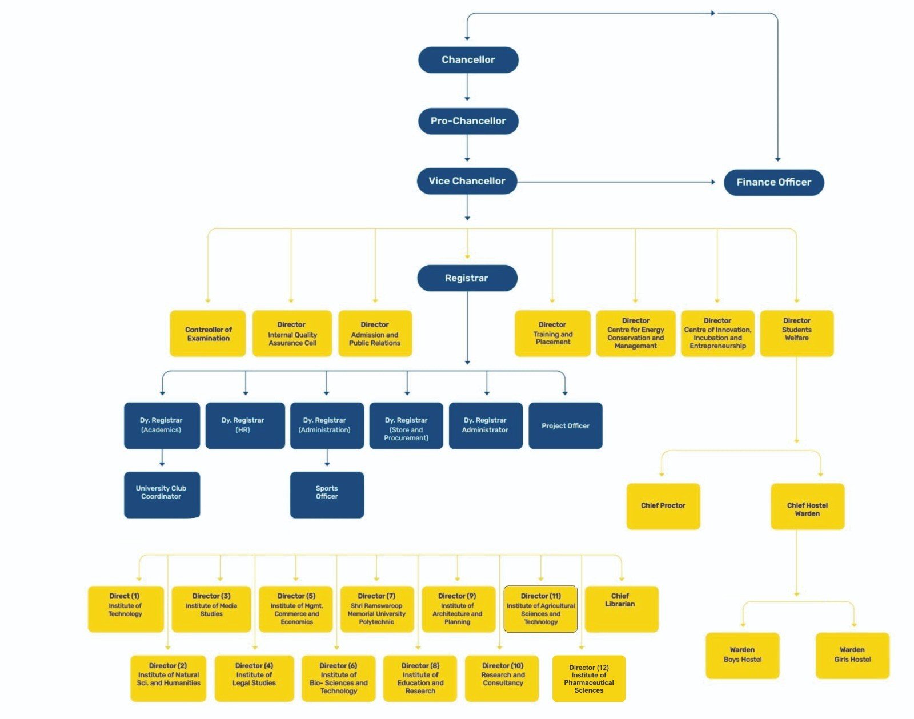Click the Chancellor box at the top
(x=468, y=60)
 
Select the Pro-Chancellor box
(x=468, y=121)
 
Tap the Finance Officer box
(x=773, y=182)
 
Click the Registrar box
(x=467, y=278)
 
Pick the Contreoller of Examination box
(x=208, y=334)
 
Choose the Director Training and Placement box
(x=552, y=334)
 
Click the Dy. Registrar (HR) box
(x=244, y=425)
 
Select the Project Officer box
(x=565, y=425)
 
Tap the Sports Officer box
(x=327, y=495)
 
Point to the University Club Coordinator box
(x=162, y=495)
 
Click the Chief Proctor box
(x=663, y=506)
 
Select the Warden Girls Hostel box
(x=852, y=655)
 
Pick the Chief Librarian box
(x=621, y=609)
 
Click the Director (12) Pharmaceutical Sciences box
(x=588, y=678)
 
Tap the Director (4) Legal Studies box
(x=254, y=678)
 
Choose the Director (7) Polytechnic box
(x=376, y=609)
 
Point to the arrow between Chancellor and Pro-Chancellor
(x=467, y=87)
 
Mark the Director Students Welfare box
(x=796, y=334)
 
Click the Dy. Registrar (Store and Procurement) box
(x=406, y=425)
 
